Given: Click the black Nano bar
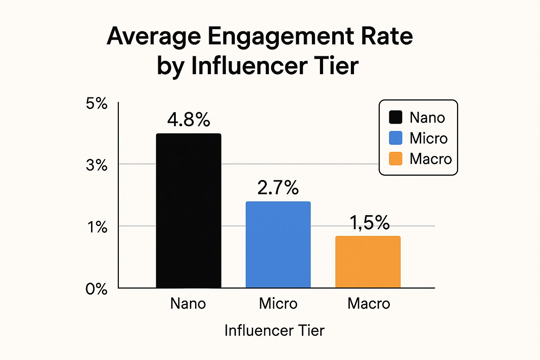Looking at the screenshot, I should point(188,211).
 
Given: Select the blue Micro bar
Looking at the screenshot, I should point(278,245).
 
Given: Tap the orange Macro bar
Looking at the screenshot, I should point(368,262).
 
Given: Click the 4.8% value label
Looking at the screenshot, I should point(189,120).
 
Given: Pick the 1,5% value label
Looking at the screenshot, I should point(369,223).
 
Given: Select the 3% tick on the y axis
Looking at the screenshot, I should point(97,165).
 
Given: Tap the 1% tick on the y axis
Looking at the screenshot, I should point(97,227).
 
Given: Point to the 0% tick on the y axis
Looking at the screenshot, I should point(96,289).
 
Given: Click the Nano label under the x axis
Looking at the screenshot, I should point(188,303).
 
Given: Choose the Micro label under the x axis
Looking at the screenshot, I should point(278,303).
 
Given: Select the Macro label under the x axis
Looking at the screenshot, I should point(369,303).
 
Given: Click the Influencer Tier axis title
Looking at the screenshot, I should point(274,330).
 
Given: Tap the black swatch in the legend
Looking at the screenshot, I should point(396,117).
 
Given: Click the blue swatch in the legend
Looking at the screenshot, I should point(396,138).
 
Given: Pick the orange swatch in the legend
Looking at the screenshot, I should point(396,159).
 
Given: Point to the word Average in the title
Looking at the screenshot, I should point(154,36).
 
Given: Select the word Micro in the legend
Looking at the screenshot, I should point(429,138).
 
